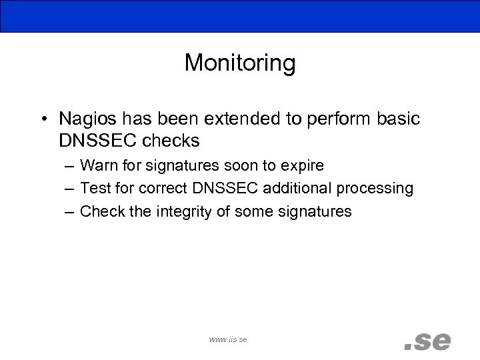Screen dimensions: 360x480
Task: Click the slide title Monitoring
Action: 239,63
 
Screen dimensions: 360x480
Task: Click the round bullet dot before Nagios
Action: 43,120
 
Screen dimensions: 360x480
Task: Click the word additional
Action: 297,189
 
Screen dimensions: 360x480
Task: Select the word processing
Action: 375,189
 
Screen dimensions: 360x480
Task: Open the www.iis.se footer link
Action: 228,339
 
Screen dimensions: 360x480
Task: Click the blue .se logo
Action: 427,341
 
